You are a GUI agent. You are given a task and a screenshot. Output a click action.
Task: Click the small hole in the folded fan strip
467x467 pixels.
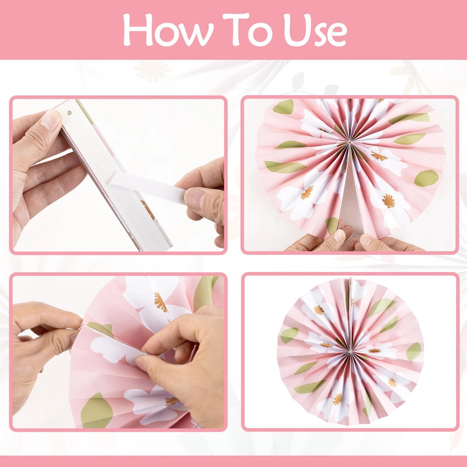69,113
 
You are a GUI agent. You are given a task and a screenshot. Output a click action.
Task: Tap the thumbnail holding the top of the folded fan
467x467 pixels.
51,120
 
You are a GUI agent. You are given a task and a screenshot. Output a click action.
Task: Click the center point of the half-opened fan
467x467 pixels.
349,143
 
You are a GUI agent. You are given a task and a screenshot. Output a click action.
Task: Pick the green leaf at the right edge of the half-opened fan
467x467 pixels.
426,178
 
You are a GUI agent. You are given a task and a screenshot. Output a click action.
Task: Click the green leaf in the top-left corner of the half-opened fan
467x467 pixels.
284,107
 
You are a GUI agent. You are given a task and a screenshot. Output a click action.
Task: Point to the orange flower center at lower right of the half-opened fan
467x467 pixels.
388,201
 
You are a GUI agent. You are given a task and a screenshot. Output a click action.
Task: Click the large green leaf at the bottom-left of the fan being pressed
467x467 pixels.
96,410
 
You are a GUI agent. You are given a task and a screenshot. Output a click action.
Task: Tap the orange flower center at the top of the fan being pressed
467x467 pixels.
161,302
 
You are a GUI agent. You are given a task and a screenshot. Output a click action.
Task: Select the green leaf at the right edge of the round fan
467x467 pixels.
413,352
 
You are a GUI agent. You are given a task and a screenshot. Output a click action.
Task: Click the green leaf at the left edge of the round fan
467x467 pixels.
289,335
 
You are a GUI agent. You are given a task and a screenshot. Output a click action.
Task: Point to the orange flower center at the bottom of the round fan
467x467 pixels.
337,399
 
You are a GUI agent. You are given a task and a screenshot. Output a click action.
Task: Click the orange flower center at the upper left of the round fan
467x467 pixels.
319,310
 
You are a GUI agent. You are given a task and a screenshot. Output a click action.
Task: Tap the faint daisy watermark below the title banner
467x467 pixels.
152,71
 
